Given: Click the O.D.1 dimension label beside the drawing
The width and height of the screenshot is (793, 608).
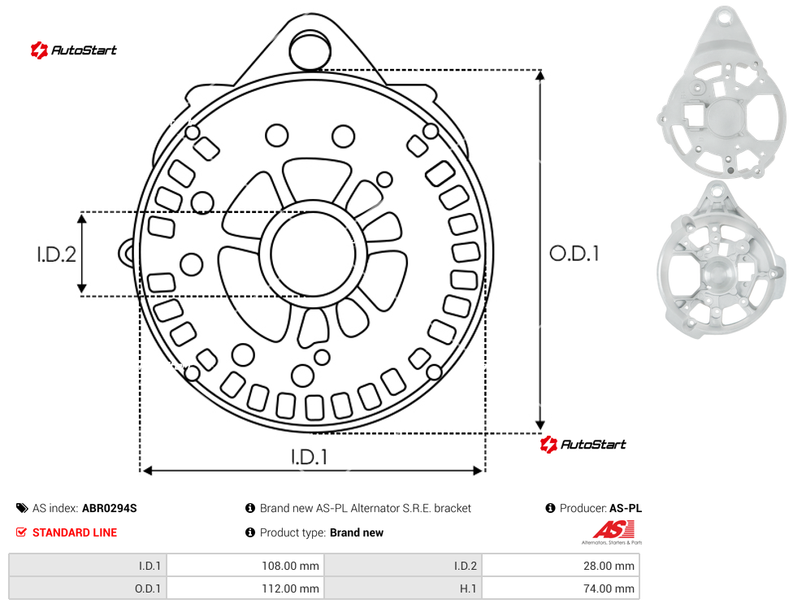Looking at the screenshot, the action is tap(574, 254).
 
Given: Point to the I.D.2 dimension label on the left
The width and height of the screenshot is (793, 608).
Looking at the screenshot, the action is tap(56, 254).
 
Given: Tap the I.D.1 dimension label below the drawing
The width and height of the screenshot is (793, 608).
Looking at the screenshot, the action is tap(309, 458).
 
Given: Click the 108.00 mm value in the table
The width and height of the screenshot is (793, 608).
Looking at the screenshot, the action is tap(290, 566).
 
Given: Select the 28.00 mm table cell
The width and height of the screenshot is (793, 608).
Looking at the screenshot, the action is tap(609, 566).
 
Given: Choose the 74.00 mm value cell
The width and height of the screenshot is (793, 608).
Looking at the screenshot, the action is tap(609, 588).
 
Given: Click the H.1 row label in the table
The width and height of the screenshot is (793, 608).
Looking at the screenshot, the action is tap(468, 588).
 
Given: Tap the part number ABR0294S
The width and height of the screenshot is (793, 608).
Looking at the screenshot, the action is tap(109, 508).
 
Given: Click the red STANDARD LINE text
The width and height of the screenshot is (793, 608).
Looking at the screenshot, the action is tap(75, 532).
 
